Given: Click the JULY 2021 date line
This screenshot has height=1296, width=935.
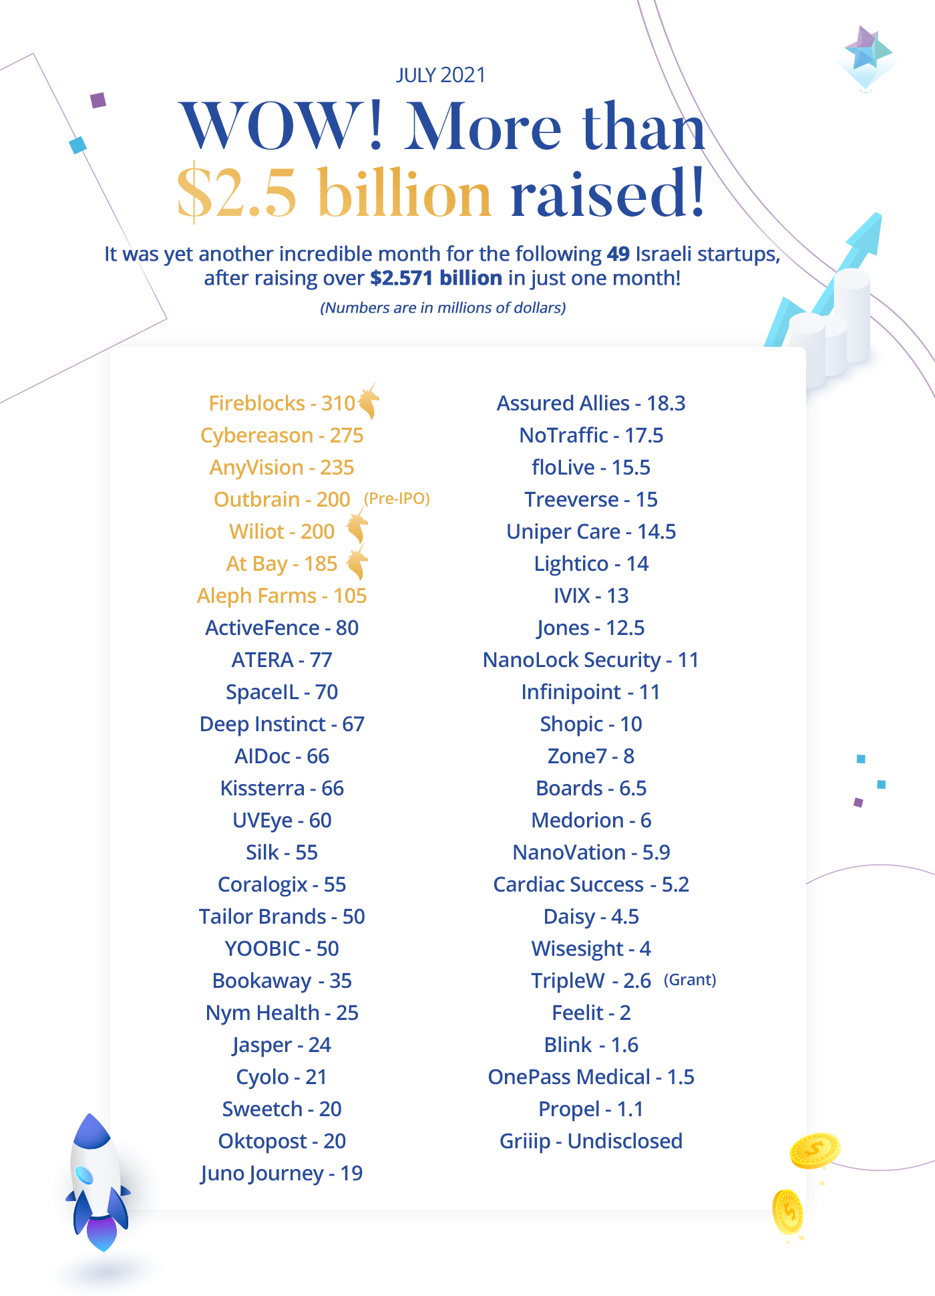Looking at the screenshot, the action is click(x=441, y=75).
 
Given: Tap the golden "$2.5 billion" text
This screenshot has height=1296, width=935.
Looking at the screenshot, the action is click(x=334, y=193).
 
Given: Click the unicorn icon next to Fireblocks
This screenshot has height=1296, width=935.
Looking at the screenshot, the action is click(x=368, y=400).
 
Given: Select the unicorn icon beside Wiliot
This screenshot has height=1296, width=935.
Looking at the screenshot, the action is click(x=357, y=525).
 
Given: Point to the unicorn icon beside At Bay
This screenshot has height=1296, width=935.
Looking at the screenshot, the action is click(x=357, y=561).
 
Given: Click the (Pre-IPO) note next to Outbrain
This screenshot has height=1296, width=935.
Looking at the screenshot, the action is click(x=397, y=499).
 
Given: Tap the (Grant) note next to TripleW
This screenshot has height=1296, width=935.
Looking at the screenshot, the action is click(x=690, y=980).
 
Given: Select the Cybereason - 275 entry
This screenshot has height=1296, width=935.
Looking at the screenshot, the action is click(x=282, y=435).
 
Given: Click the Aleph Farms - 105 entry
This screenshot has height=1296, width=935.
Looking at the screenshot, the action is click(x=282, y=596).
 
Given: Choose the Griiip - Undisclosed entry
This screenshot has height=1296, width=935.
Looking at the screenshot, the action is click(x=591, y=1141).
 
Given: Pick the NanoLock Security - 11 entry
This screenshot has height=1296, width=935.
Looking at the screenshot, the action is click(x=591, y=660).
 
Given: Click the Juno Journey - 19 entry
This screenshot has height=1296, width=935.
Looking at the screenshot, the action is click(x=282, y=1173).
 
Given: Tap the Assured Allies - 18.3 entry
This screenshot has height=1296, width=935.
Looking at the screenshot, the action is click(x=591, y=403).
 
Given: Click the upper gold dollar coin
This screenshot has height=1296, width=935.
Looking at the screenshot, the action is click(x=815, y=1150).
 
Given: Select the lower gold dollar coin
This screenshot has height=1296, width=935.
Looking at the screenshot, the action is click(x=788, y=1212).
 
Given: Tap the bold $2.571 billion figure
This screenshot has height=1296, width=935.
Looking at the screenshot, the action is click(x=436, y=278).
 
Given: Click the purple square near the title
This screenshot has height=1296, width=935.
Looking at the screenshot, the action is click(x=98, y=100).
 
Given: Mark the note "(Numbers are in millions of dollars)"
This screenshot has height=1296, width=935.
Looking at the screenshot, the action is click(x=443, y=307).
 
